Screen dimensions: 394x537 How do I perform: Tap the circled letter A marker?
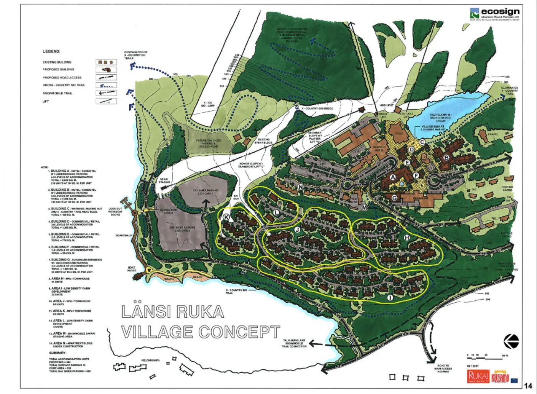tap(392, 177)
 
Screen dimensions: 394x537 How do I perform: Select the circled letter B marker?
tap(446, 157)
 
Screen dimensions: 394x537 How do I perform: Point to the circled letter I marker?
tap(390, 297)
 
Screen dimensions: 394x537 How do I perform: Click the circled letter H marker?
tap(407, 238)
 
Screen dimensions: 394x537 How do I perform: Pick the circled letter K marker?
tap(226, 218)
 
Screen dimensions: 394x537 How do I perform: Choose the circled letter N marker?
tap(301, 187)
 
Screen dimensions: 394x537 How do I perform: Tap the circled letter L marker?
tap(276, 212)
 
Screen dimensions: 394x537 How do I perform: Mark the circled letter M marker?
tap(364, 207)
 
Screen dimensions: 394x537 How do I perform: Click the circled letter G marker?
tap(394, 198)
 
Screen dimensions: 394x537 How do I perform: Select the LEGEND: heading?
tap(51, 51)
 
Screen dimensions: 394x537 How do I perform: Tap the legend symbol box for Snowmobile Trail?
tap(106, 93)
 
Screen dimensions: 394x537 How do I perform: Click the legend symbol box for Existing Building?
tap(106, 62)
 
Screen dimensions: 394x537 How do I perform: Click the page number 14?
tap(528, 386)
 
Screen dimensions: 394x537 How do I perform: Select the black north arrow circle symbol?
tap(512, 341)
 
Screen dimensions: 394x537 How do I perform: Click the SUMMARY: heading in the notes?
tap(58, 353)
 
